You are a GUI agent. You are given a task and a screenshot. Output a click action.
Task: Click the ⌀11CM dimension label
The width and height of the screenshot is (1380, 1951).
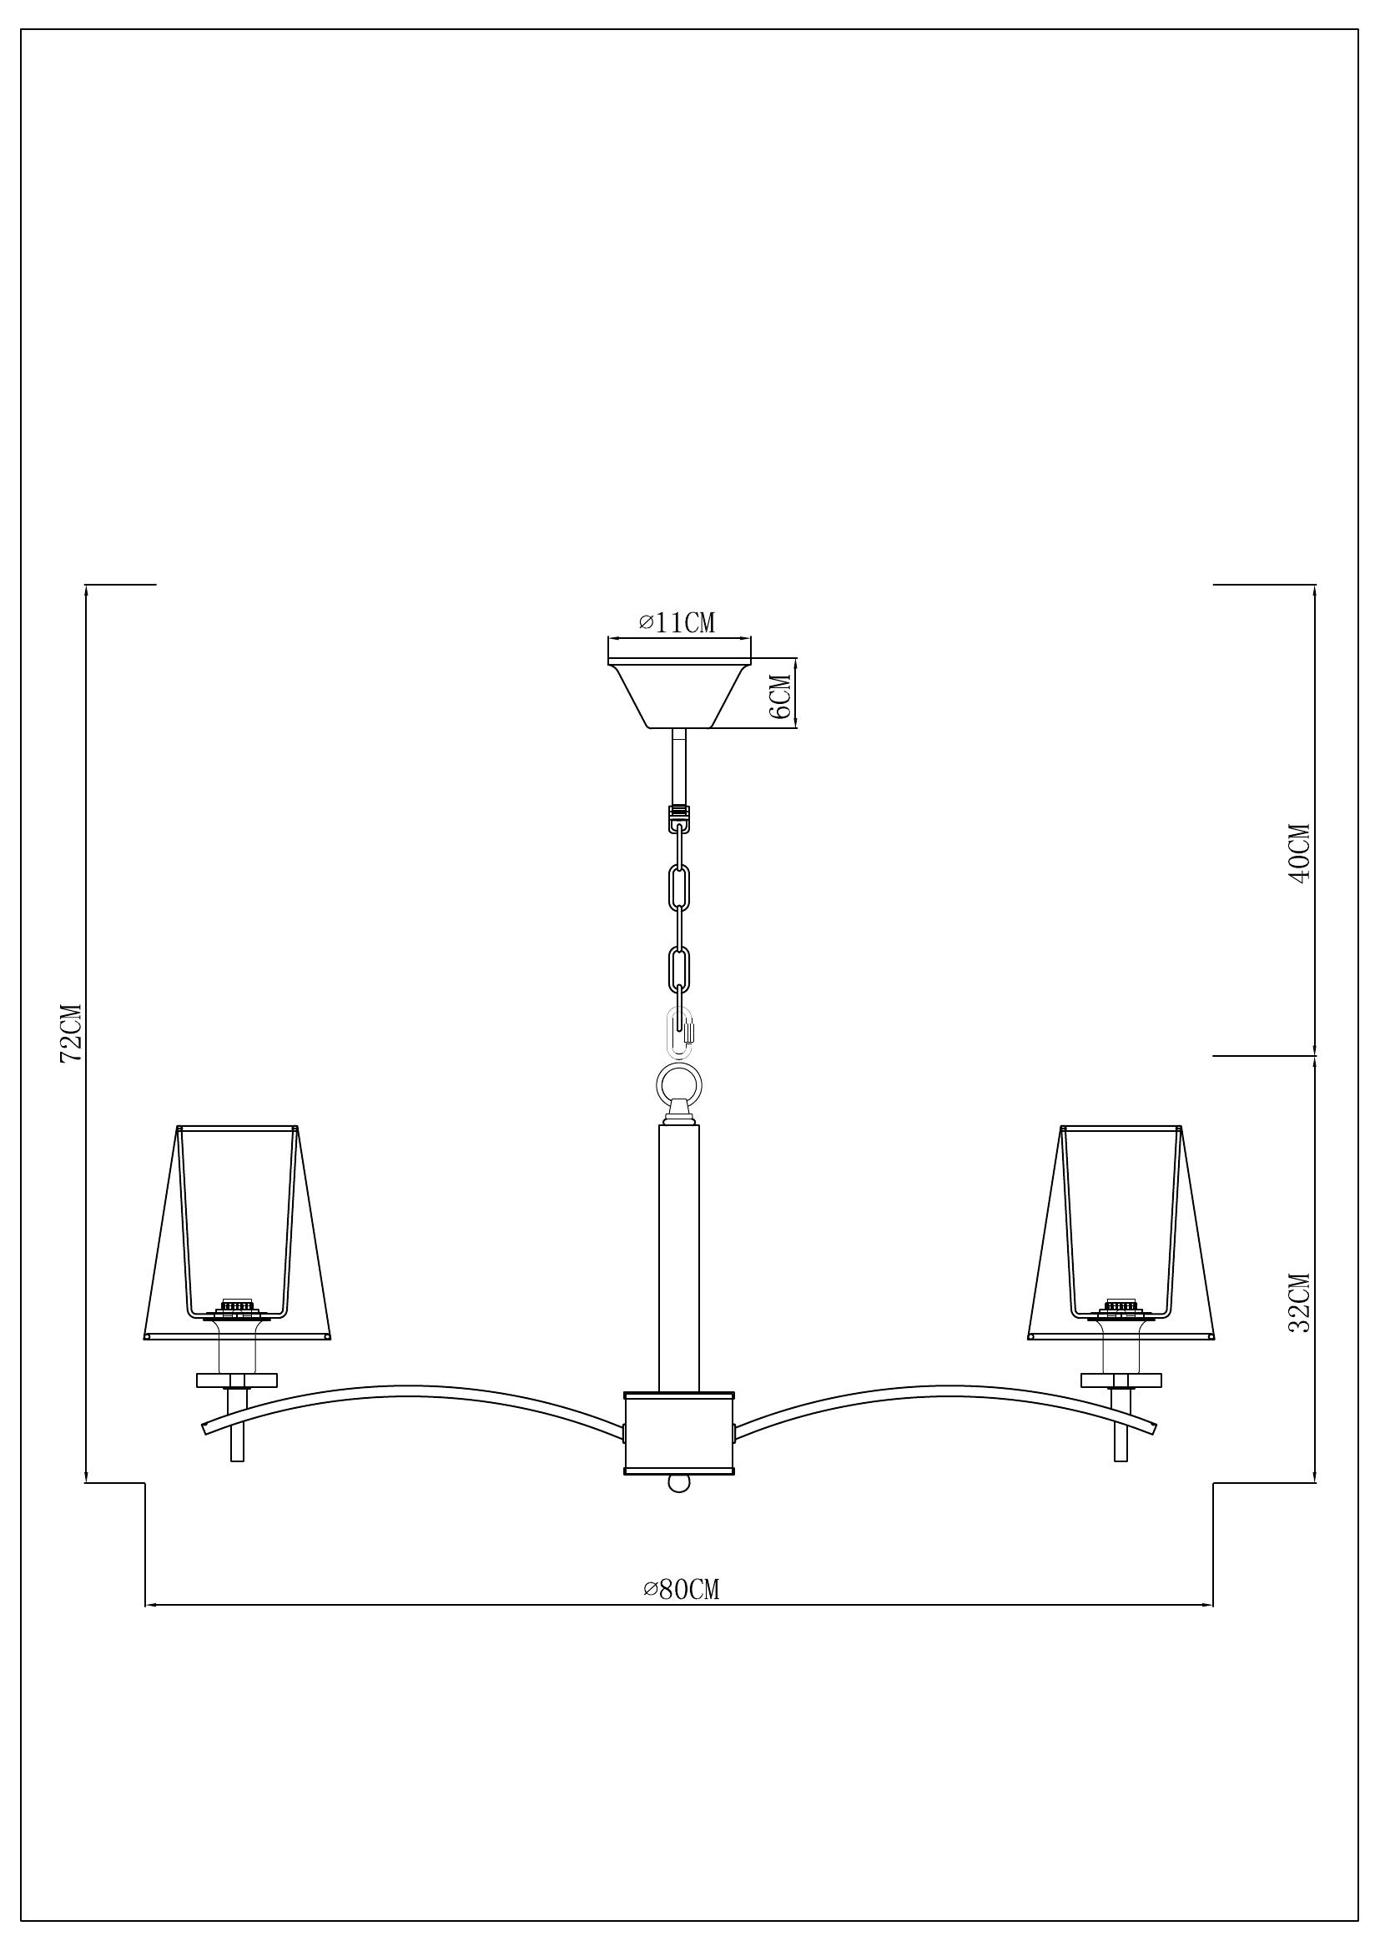coord(677,623)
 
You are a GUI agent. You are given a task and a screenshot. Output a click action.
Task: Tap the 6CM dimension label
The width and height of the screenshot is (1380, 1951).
coord(779,693)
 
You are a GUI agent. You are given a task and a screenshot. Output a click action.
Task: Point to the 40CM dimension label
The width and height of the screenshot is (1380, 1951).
coord(1300,853)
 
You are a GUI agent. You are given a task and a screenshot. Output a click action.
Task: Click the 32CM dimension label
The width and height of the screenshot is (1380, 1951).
coord(1300,1303)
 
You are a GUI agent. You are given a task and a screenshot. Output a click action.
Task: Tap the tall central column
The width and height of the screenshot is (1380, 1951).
coord(679,1258)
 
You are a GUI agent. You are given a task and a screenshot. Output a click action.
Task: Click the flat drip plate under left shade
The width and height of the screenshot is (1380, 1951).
coord(237,1380)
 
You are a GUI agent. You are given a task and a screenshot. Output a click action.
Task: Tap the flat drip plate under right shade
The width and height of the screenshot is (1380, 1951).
coord(1121,1380)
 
